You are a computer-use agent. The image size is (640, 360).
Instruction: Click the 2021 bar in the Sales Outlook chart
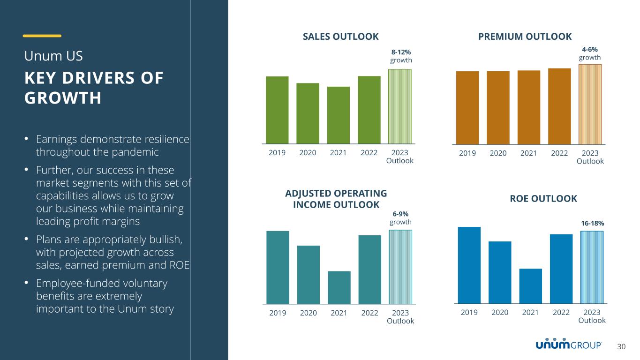click(x=339, y=115)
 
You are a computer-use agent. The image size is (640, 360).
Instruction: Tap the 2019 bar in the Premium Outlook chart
click(x=467, y=107)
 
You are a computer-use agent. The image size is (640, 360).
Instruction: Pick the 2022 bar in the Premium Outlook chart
click(x=559, y=106)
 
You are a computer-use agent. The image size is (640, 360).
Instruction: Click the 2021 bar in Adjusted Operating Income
click(x=339, y=287)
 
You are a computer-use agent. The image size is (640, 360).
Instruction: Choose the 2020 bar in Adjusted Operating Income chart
click(x=309, y=275)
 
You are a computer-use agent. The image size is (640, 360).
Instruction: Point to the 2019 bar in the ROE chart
click(x=469, y=265)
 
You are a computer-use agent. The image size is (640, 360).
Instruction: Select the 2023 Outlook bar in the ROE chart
click(x=592, y=267)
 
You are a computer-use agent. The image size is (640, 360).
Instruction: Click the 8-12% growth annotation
click(x=401, y=56)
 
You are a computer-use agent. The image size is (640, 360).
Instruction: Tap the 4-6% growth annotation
click(x=590, y=53)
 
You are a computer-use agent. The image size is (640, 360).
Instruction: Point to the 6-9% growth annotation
click(x=401, y=218)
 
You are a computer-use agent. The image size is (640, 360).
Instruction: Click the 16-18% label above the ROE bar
click(x=592, y=224)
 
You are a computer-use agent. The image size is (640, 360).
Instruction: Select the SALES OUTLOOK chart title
click(x=340, y=37)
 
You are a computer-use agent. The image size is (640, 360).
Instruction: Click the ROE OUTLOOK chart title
click(x=543, y=199)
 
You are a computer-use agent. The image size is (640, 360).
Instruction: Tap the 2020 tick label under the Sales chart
click(x=308, y=152)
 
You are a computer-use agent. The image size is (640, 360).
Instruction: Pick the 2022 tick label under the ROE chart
click(x=561, y=312)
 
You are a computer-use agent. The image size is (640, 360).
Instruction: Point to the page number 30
click(x=621, y=346)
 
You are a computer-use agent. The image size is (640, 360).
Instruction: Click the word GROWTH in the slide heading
click(x=63, y=98)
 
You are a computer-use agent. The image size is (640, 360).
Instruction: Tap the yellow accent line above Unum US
click(x=42, y=36)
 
